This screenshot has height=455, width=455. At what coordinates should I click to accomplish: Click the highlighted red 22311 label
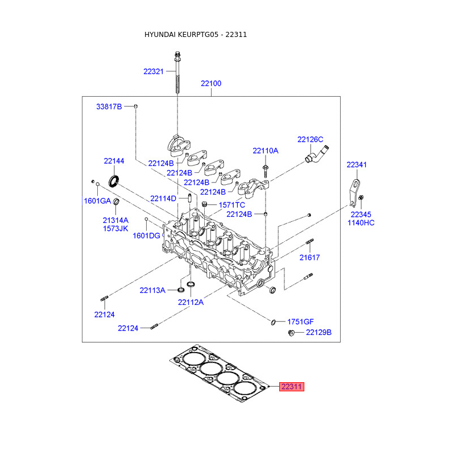292,387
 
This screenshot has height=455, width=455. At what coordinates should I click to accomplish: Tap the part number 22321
154,72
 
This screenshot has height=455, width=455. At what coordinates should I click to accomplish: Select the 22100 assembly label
211,84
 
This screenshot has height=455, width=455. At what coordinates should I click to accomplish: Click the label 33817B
109,107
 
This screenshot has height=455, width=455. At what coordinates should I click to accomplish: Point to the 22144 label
114,161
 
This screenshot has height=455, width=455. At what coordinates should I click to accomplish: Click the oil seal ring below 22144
113,181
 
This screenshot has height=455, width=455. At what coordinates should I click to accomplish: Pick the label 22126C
310,139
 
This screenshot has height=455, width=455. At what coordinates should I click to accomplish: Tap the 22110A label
265,151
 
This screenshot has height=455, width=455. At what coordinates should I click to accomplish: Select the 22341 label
357,165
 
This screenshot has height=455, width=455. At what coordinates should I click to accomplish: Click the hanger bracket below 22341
354,193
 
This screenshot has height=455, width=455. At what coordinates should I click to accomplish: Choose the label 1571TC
231,205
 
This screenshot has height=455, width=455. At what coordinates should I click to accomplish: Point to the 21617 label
309,258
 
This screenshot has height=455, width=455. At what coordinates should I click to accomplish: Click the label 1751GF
300,322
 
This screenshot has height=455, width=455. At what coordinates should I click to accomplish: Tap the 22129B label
318,333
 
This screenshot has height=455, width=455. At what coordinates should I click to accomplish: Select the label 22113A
152,291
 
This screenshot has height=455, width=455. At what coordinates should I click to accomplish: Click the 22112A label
191,303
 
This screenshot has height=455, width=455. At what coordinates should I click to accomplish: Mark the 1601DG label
146,236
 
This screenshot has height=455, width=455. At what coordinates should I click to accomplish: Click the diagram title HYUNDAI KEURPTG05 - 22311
196,35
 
